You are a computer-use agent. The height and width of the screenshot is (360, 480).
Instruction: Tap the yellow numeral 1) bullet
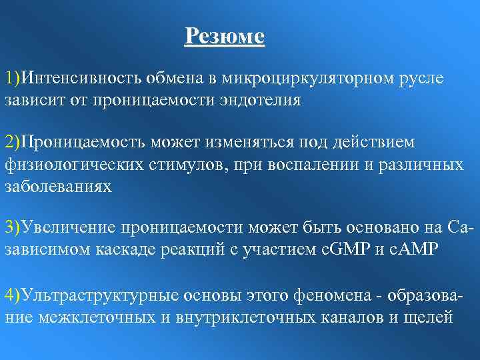pos(13,79)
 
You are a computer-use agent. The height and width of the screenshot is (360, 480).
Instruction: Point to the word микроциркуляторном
pos(302,79)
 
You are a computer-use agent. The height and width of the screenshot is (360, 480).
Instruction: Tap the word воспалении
pos(314,164)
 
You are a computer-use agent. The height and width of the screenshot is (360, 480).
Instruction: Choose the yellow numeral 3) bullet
pos(13,228)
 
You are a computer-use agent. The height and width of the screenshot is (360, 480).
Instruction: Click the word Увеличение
pos(67,228)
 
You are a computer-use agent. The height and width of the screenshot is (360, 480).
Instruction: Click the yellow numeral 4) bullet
pos(13,293)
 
